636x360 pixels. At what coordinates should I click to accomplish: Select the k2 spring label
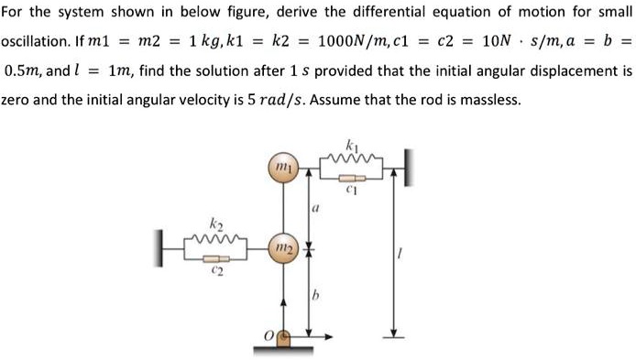click(x=215, y=224)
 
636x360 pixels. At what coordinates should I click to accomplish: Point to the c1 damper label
click(x=351, y=191)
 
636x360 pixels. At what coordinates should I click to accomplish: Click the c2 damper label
click(x=216, y=272)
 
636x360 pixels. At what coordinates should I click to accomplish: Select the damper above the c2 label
click(x=216, y=259)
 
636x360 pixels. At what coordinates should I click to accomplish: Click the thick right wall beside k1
click(x=403, y=167)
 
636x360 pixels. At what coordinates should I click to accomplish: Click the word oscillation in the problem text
click(x=35, y=43)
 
